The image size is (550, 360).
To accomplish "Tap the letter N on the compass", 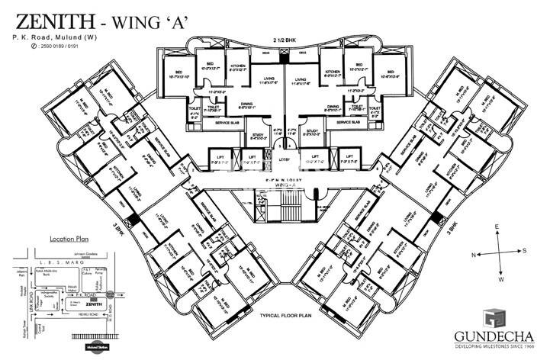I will point(474,253).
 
